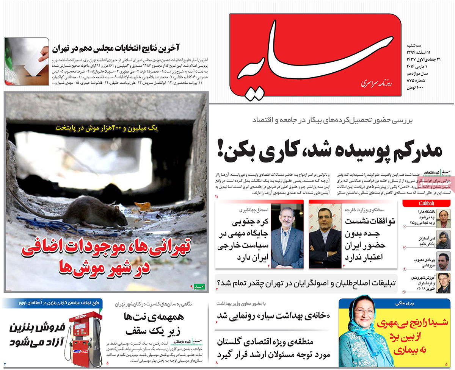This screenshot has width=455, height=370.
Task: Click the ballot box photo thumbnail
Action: point(27,61)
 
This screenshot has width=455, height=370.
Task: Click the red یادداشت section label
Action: point(426,204)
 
